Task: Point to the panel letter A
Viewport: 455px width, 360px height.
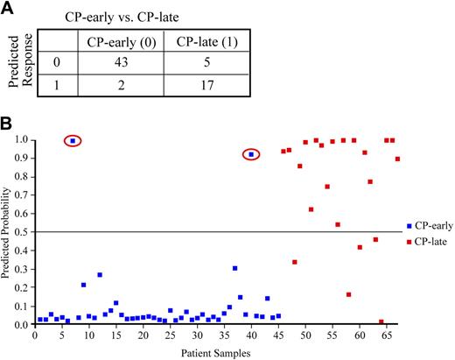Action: coord(8,8)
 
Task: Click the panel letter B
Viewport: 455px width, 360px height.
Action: coord(8,124)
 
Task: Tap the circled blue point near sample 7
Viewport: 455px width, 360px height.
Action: coord(73,141)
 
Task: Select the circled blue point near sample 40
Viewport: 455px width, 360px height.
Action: coord(252,154)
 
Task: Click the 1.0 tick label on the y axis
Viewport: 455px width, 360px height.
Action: coord(19,140)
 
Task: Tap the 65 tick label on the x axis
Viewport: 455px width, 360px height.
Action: coord(386,335)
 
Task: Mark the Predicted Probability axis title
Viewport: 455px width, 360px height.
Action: coord(7,232)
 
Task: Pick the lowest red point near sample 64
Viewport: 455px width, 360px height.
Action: coord(381,321)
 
